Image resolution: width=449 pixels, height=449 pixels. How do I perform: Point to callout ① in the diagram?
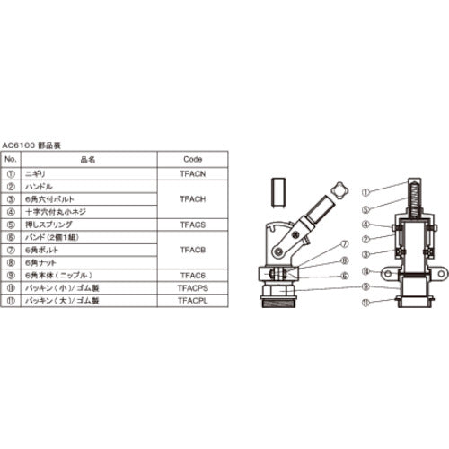click(365, 191)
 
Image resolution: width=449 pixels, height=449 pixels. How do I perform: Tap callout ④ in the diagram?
click(365, 224)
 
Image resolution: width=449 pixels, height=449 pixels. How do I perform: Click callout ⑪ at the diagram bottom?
click(365, 303)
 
